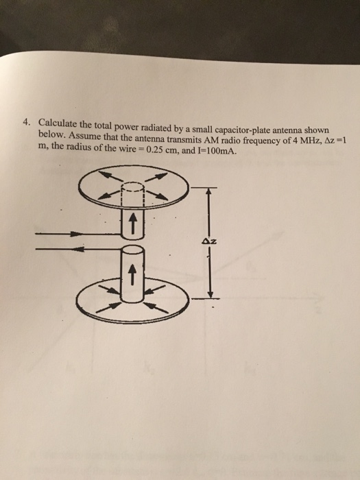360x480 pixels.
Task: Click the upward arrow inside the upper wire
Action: pyautogui.click(x=133, y=223)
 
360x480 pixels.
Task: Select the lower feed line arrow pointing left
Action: pyautogui.click(x=79, y=251)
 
